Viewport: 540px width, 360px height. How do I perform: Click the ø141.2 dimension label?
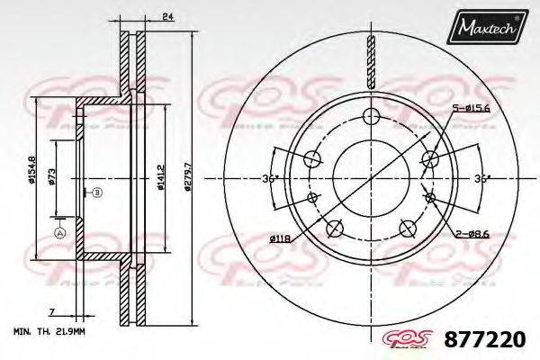158,175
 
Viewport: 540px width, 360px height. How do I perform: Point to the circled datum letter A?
60,233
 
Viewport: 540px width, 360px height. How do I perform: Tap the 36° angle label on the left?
267,179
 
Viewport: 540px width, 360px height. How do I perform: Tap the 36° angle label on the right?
482,179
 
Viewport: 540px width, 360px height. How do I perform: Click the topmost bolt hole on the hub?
369,115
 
